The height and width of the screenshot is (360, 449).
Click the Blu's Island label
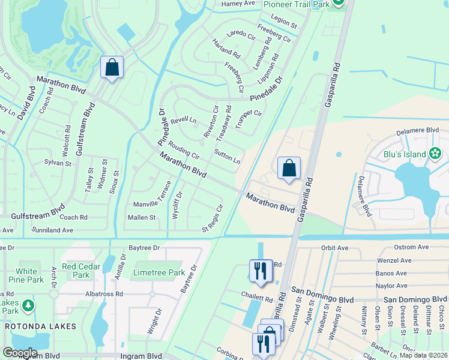(x=405, y=154)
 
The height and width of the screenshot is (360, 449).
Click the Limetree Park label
(x=159, y=272)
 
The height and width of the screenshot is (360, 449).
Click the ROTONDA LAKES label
(x=41, y=326)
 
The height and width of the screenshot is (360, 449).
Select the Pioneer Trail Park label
(x=297, y=4)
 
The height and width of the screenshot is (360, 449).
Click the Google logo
(x=20, y=353)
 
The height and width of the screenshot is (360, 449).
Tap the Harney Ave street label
(x=238, y=4)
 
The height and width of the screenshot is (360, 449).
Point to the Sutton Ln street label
(x=228, y=156)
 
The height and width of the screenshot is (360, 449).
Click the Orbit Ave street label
(x=335, y=248)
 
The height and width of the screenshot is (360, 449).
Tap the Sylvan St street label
(x=58, y=163)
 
